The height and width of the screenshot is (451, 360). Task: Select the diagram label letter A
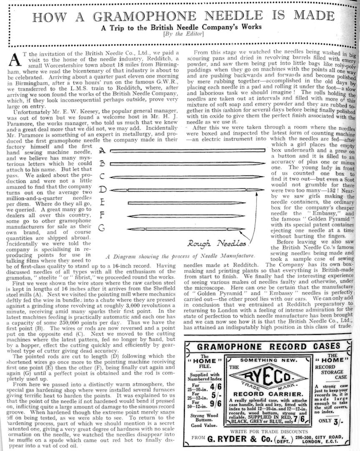point(102,150)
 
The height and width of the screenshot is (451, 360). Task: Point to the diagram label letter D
point(103,190)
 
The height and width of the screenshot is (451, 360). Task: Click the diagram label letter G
point(102,228)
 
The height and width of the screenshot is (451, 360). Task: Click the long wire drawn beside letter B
point(187,164)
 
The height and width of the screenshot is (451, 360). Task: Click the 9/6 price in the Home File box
point(216,403)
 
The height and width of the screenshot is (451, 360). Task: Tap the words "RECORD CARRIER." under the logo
point(267,394)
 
